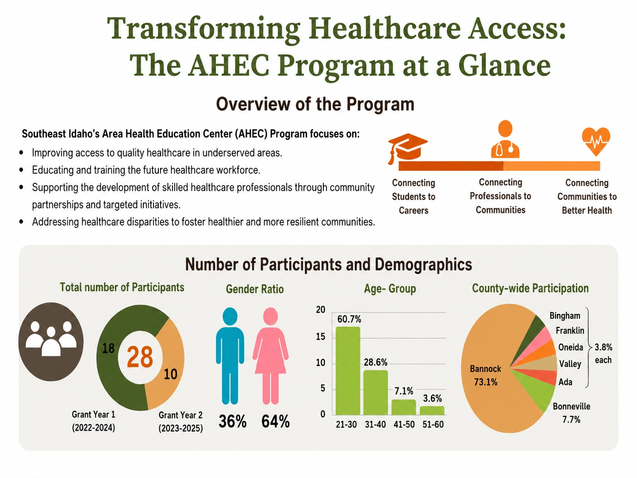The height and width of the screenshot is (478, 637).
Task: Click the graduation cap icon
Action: click(407, 148)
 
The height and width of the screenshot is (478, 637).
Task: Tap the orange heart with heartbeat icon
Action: click(596, 141)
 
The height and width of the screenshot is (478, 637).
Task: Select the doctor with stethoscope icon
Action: click(505, 139)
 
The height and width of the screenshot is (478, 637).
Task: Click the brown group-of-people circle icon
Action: click(51, 342)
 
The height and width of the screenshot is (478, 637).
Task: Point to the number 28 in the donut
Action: click(140, 357)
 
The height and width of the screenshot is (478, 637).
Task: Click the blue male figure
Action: click(230, 356)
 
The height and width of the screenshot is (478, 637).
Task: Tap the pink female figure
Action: click(271, 356)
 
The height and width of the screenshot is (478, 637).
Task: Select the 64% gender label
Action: click(275, 421)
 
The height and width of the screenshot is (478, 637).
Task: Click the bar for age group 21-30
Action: click(348, 371)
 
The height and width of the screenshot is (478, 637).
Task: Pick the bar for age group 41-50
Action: click(404, 407)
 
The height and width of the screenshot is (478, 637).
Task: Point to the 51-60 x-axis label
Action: click(433, 425)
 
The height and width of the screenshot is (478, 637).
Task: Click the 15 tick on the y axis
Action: click(321, 337)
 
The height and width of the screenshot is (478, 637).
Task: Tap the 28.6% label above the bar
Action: click(376, 362)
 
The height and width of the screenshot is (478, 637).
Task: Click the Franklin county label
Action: click(570, 331)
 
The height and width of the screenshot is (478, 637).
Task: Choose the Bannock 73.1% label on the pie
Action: click(486, 375)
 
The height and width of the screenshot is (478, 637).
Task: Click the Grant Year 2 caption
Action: click(180, 422)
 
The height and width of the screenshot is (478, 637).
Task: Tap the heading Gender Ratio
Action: click(255, 289)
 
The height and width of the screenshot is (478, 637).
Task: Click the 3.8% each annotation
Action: click(603, 353)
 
